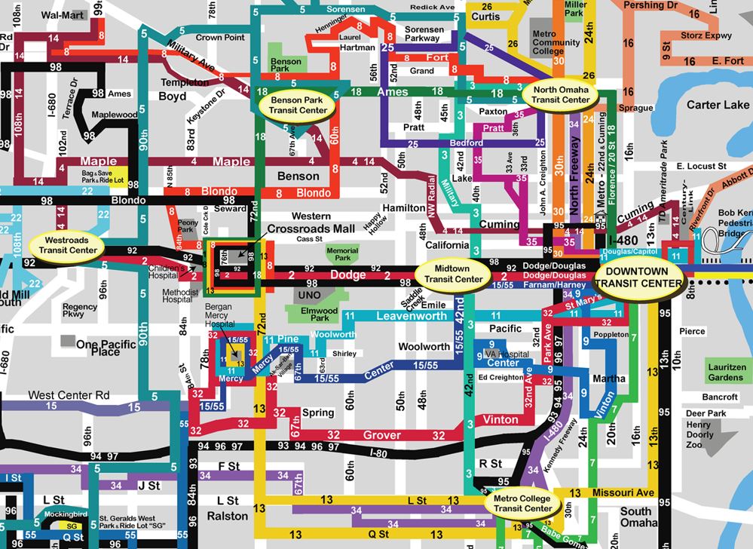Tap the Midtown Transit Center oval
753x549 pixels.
[453, 274]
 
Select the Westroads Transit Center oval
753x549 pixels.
[68, 245]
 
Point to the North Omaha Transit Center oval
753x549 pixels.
[561, 94]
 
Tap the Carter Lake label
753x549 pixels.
[696, 105]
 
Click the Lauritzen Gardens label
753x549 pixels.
[725, 372]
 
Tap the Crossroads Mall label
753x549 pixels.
[311, 228]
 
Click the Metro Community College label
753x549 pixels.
[556, 43]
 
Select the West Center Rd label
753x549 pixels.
[69, 395]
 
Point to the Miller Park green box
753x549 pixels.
[576, 9]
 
